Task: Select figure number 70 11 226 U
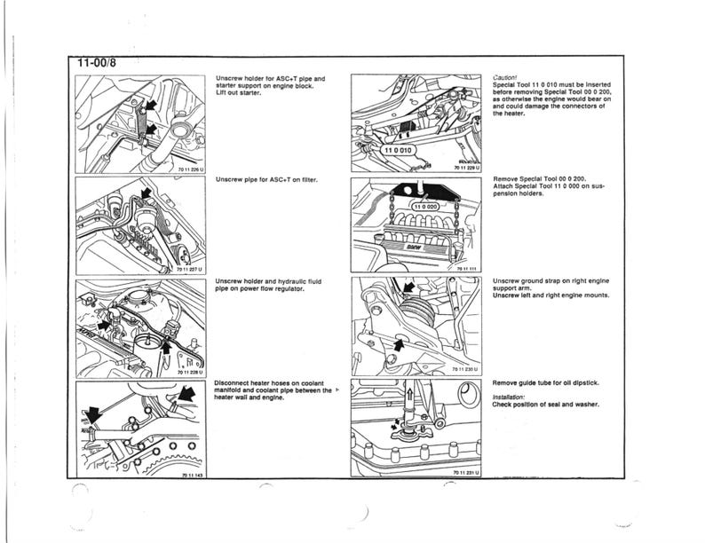(x=191, y=168)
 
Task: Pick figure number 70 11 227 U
(x=191, y=269)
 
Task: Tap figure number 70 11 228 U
(x=191, y=373)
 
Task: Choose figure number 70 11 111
(x=468, y=268)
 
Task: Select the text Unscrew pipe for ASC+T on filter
(x=267, y=179)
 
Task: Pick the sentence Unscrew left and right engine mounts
(x=551, y=295)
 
